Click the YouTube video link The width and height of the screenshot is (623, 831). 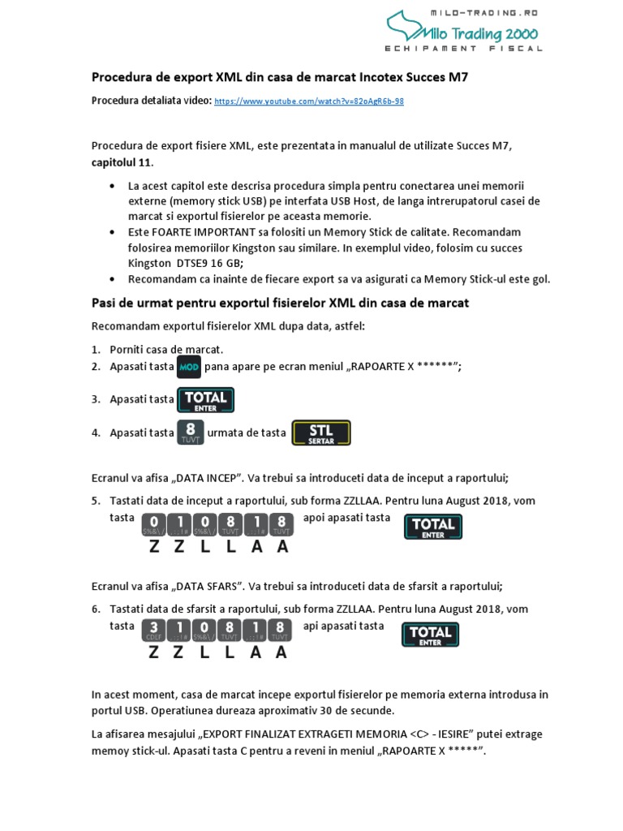pos(309,101)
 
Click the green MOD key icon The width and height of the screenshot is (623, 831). pos(188,367)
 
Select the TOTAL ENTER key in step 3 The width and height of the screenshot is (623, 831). pos(205,399)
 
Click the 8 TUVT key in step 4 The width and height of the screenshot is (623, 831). pos(190,433)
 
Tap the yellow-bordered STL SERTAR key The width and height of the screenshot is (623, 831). pos(320,433)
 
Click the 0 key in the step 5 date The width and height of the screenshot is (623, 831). pos(153,525)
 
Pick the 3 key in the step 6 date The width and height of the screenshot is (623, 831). pos(153,631)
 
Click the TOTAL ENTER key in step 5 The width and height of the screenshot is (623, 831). pos(433,527)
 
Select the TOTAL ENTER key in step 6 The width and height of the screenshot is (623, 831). pos(430,634)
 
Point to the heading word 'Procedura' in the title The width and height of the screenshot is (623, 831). pos(122,78)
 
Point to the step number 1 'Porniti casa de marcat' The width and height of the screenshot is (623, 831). pos(96,350)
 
